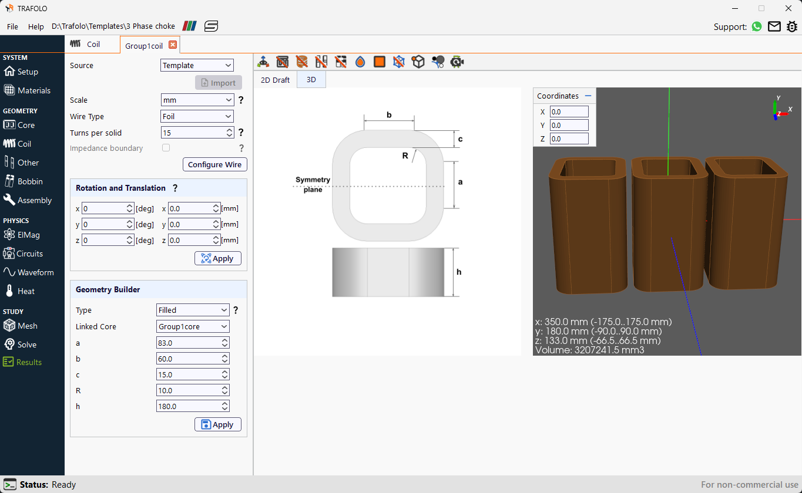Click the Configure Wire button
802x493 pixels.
point(215,164)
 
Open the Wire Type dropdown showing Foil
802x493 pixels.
point(197,116)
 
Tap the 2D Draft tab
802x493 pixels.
point(275,80)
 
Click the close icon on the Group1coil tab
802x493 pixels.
point(173,45)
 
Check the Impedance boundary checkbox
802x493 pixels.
point(166,148)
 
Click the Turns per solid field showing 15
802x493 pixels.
point(193,133)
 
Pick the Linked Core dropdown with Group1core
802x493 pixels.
point(193,326)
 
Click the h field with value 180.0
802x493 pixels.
point(189,406)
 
